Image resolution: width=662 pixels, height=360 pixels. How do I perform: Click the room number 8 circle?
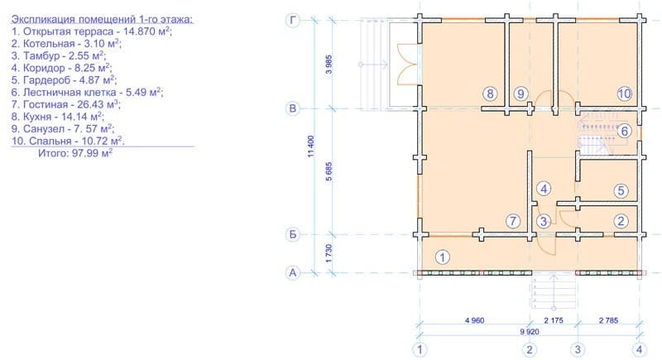[490, 94]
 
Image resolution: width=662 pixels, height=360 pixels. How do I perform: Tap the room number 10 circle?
[625, 94]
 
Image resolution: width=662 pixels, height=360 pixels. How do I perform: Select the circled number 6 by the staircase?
[625, 131]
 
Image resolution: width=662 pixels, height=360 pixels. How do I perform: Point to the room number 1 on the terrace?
[443, 257]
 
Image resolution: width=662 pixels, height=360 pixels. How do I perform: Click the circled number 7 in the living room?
[513, 221]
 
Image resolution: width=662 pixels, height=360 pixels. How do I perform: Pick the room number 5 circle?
[621, 190]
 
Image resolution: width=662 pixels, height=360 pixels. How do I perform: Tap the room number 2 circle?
[621, 221]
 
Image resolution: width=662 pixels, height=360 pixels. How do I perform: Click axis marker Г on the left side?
[293, 20]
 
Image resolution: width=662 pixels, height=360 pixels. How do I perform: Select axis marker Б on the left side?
[293, 235]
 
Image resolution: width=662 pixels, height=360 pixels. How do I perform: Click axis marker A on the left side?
[293, 272]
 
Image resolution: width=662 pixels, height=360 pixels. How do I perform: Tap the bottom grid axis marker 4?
[639, 349]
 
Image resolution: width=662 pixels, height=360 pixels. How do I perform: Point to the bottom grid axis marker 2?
[529, 349]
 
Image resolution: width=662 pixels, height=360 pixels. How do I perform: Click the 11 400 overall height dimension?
[311, 146]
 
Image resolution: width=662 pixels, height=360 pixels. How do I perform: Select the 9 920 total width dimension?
[530, 332]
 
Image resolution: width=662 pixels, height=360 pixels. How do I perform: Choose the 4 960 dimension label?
[474, 320]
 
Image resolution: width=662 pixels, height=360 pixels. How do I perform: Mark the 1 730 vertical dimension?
[329, 253]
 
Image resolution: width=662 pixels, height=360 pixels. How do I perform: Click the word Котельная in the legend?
[49, 44]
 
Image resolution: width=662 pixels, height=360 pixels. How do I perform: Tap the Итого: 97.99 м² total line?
[75, 153]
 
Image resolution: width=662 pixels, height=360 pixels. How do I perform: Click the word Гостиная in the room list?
[46, 104]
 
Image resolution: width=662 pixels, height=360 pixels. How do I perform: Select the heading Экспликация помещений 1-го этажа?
[103, 19]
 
